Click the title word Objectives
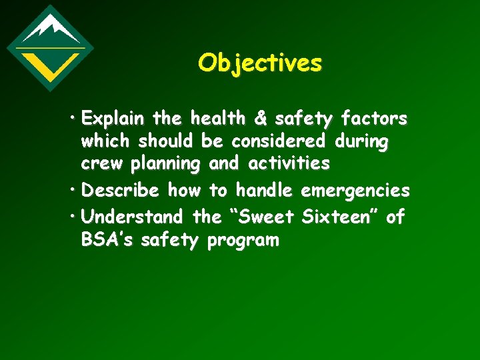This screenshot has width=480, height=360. coord(260,63)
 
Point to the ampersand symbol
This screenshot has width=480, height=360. coord(261,119)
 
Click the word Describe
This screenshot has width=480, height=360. coord(120,191)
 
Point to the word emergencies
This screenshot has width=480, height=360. coord(355,191)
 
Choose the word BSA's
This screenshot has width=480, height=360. coord(107,240)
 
